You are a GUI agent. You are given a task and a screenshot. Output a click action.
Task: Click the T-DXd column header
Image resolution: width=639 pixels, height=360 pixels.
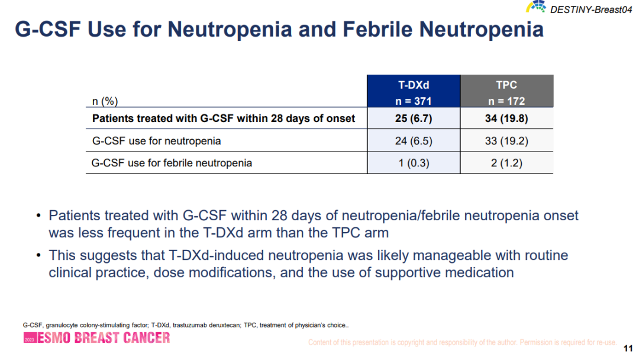414,92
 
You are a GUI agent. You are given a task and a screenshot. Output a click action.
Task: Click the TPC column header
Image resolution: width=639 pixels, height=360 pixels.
506,92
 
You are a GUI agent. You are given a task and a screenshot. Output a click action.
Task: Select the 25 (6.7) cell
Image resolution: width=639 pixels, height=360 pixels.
414,118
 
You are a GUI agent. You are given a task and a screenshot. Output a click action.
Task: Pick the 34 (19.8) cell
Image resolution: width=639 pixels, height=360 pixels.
506,118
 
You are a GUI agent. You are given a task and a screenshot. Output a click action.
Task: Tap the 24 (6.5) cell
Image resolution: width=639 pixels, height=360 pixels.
414,141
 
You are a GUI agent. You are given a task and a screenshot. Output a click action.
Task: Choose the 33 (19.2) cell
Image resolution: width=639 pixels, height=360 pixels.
506,141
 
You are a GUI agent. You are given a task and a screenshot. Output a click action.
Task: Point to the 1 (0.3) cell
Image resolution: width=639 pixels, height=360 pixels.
414,163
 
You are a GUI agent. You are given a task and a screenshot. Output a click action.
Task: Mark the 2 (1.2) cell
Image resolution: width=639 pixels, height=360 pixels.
506,163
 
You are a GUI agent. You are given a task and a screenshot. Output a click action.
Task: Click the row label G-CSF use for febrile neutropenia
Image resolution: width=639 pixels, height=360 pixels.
172,163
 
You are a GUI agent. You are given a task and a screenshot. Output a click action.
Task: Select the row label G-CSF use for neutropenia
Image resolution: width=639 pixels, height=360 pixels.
156,141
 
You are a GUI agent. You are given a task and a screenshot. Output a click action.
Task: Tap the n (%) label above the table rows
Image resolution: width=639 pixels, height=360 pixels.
101,101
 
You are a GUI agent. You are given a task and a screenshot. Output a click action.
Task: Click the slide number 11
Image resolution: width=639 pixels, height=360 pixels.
628,348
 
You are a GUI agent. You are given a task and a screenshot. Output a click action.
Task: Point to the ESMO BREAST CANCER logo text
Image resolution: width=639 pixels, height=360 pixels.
104,338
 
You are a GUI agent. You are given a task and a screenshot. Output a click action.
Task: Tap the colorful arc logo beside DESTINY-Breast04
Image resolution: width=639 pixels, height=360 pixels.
536,7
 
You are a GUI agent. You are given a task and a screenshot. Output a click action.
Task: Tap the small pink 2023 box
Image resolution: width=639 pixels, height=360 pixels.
29,340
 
